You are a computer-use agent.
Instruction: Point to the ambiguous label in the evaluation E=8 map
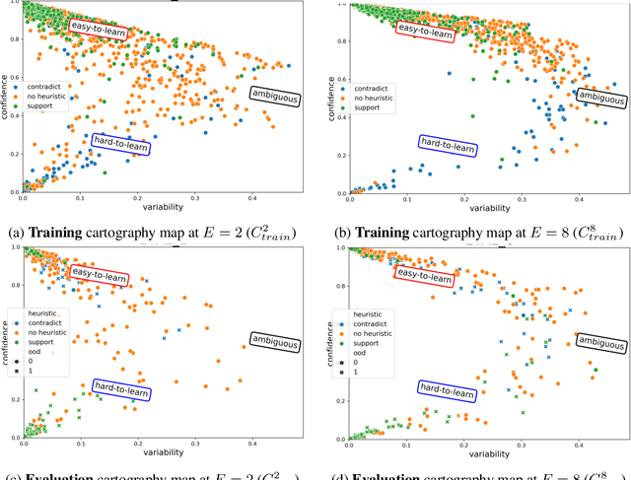(600, 342)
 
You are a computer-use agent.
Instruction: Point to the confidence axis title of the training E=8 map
(330, 99)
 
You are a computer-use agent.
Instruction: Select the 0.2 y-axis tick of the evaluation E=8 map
(337, 399)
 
